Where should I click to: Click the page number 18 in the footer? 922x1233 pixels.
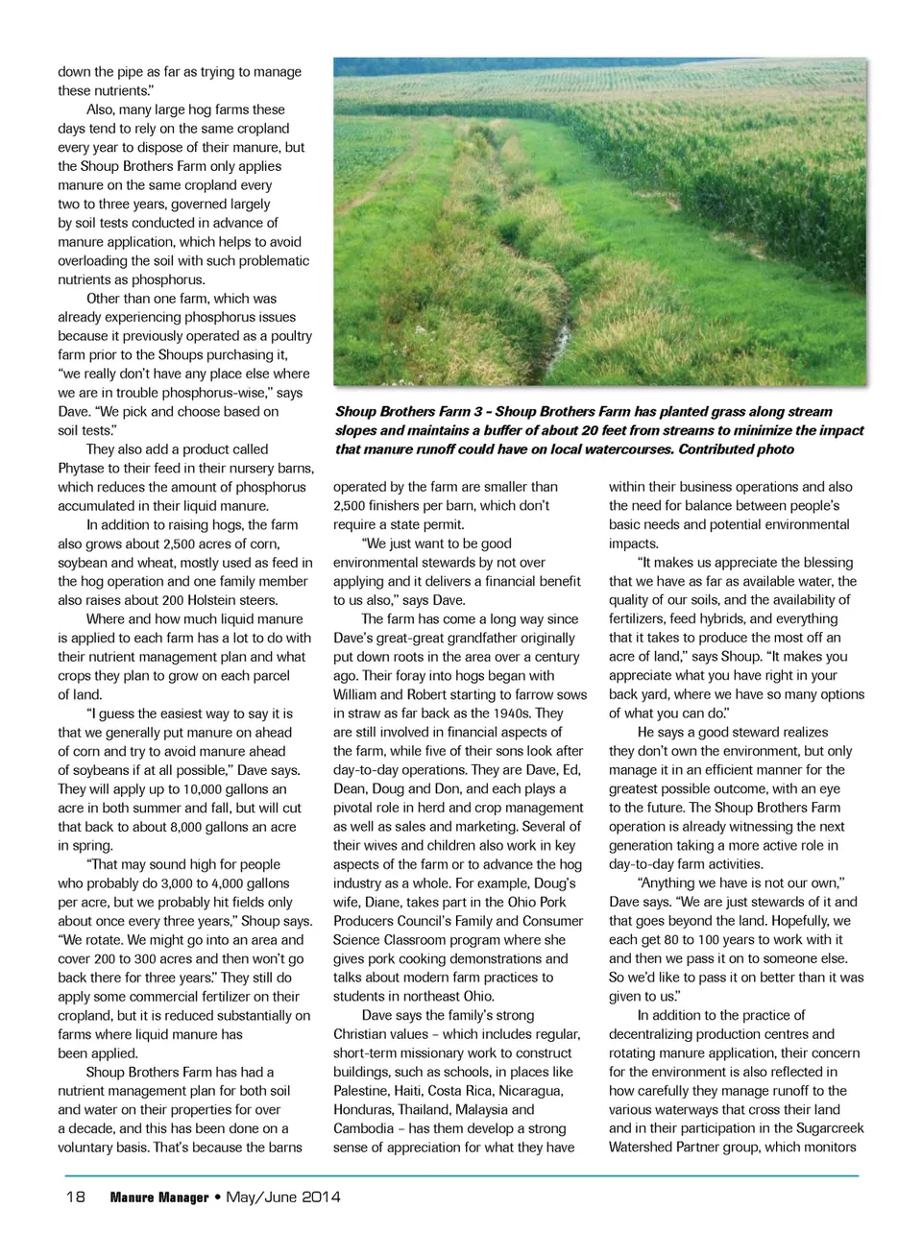(x=75, y=1197)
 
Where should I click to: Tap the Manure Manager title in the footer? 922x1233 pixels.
(x=159, y=1197)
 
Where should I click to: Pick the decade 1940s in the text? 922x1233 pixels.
(x=513, y=713)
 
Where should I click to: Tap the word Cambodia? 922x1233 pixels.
(x=363, y=1128)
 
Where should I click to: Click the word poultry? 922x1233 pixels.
(x=290, y=336)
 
